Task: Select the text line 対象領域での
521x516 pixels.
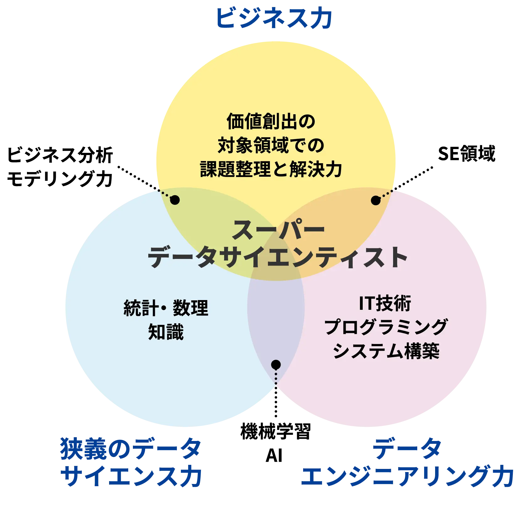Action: tap(271, 145)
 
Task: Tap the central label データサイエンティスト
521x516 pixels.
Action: tap(277, 258)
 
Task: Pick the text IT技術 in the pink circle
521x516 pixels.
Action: tap(385, 304)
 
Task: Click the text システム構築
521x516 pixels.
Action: tap(386, 351)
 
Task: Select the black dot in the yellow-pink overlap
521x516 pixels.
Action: tap(375, 200)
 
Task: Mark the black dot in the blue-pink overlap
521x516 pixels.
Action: tap(276, 364)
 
